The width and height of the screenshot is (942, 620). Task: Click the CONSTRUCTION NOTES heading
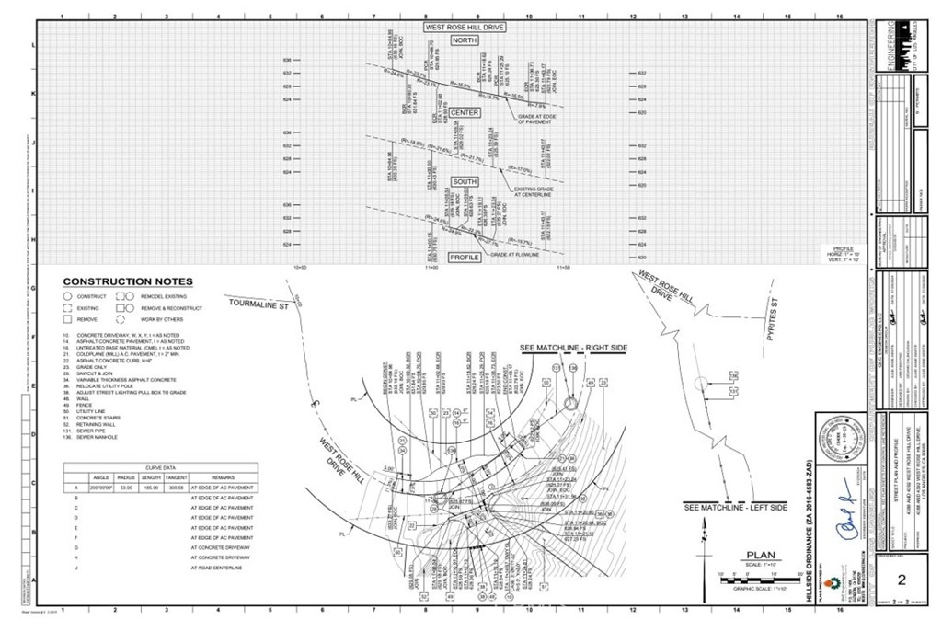(128, 281)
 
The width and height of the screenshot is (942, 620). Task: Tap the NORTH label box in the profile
(465, 41)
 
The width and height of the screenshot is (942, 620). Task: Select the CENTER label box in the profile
(465, 112)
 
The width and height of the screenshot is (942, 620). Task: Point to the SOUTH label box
(465, 182)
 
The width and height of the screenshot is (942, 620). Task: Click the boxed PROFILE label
(465, 257)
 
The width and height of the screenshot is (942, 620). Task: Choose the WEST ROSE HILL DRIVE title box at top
(465, 29)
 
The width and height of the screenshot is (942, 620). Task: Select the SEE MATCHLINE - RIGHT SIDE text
(574, 348)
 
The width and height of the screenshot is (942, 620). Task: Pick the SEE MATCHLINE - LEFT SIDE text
(736, 508)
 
